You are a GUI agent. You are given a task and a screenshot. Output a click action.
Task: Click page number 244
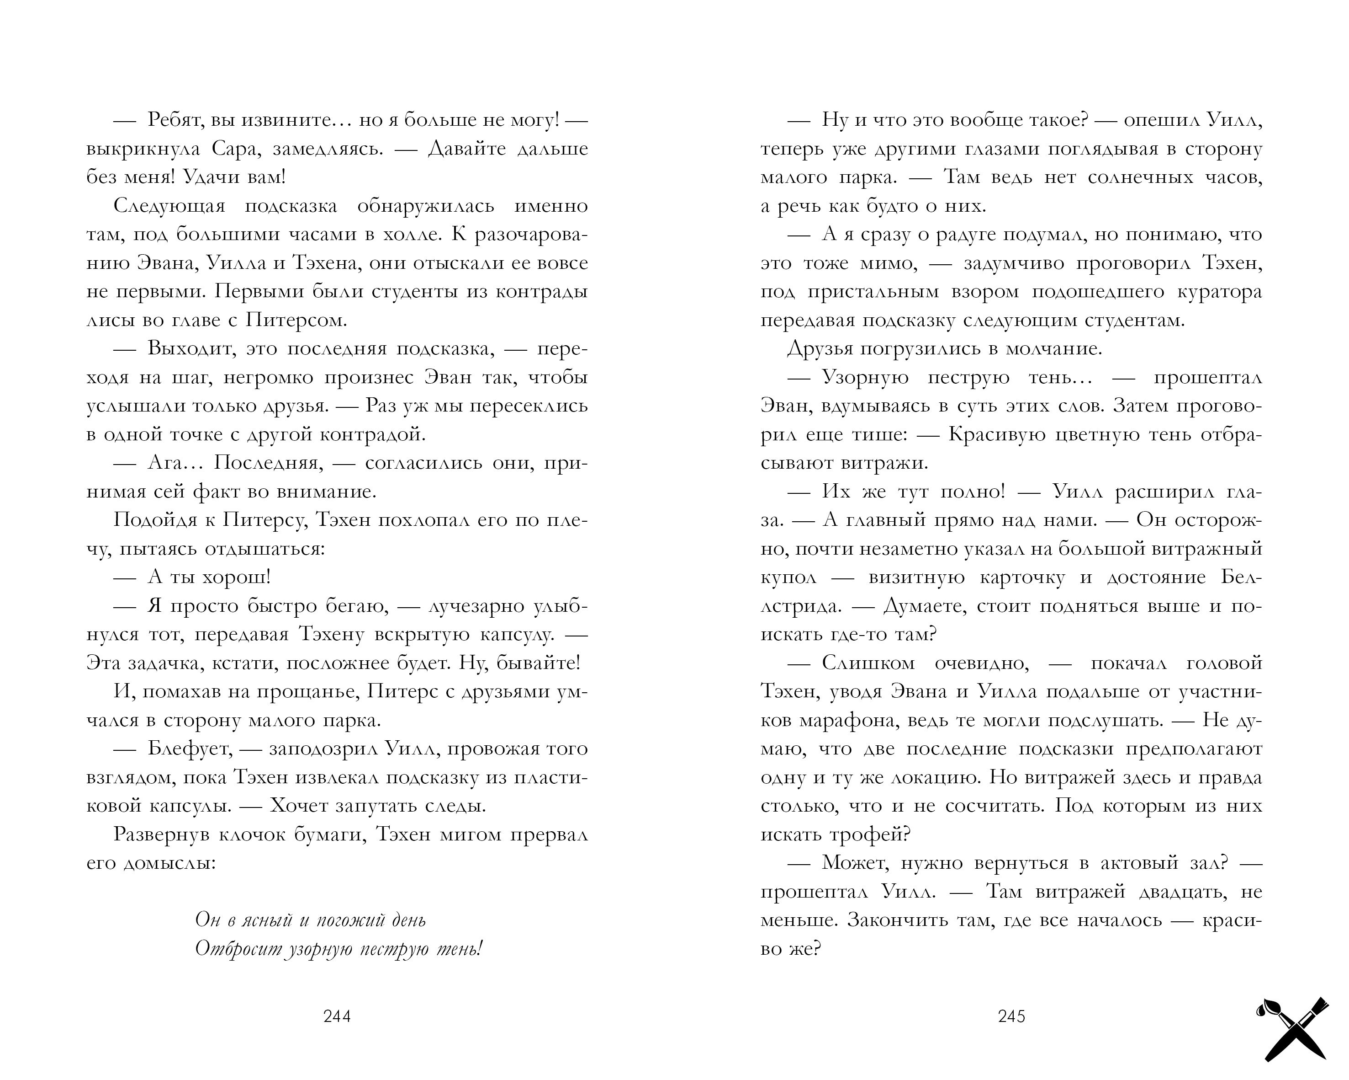tap(337, 1016)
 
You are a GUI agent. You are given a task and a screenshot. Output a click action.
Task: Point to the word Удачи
tap(208, 178)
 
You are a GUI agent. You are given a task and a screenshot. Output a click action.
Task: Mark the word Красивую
tap(997, 434)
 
